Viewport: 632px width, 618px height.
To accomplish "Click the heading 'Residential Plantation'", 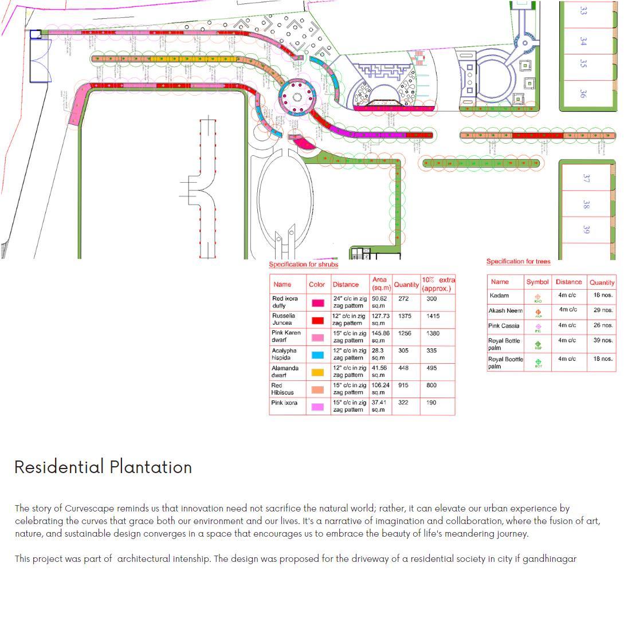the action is (x=103, y=467).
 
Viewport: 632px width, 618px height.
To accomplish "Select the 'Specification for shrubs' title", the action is (x=304, y=265).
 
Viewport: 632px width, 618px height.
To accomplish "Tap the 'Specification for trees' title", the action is (x=519, y=262).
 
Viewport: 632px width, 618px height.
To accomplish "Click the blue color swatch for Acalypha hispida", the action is (x=317, y=355).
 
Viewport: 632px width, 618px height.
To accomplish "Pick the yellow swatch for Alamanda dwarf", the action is (x=317, y=372).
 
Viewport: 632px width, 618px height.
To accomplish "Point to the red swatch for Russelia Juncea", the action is (x=317, y=320).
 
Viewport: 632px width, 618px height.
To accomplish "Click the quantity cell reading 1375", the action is (x=405, y=316).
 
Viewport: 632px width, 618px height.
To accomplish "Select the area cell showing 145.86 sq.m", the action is (x=380, y=337).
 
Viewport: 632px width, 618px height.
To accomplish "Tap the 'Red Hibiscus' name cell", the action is (x=282, y=389).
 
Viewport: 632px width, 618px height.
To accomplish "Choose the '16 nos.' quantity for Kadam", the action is (x=603, y=296).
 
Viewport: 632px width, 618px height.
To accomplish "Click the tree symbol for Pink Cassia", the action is (x=538, y=327).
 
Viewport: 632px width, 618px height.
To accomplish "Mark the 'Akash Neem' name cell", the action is (x=505, y=310).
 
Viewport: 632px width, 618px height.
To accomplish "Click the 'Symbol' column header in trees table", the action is (x=537, y=282).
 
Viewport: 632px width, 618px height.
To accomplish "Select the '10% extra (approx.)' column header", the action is (x=438, y=284).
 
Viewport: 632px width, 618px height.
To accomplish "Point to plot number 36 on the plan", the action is (x=583, y=93).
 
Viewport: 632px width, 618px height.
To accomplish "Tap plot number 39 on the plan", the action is (x=586, y=229).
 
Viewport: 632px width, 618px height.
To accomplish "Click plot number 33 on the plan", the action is (x=583, y=10).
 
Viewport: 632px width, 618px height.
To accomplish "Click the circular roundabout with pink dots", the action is (x=297, y=97).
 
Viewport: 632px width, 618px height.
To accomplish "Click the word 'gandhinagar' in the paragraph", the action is (x=549, y=559).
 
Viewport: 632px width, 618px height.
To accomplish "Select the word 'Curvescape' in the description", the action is (x=89, y=509).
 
